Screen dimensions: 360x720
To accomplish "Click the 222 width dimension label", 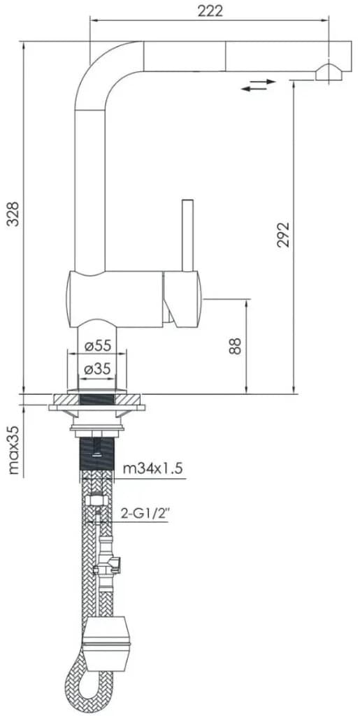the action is [210, 11].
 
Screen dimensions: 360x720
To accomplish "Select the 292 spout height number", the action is [283, 235].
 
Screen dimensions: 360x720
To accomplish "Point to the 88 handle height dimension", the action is [235, 346].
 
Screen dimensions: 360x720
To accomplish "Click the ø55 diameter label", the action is [99, 345].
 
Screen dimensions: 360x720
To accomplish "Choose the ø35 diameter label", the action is [99, 368].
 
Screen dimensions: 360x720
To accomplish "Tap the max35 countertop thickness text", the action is [15, 449].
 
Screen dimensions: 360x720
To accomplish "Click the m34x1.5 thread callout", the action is [153, 469].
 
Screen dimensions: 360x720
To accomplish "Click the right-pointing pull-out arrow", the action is [263, 82].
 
